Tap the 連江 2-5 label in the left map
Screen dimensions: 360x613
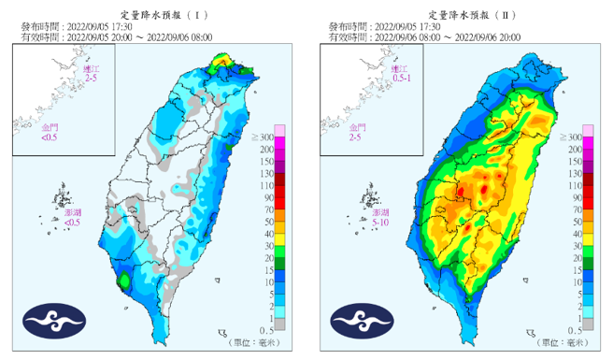(x=90, y=74)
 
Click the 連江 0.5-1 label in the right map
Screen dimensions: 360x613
(x=399, y=74)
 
